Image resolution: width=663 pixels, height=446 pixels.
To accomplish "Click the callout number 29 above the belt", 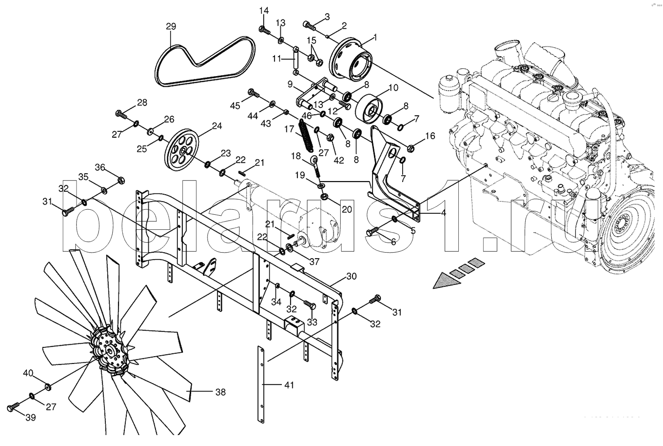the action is point(171,26).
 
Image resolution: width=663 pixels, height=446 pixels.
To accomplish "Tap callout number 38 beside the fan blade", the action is point(221,392).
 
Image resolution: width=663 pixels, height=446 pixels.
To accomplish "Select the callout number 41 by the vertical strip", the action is point(289,385).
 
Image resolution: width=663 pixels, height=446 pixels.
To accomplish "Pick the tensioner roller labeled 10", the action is point(370,109).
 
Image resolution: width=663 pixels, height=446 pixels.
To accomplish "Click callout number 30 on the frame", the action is point(351,276).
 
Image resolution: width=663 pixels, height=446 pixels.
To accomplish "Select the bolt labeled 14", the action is point(265,30).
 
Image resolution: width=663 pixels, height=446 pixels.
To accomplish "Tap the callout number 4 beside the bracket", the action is point(444,213).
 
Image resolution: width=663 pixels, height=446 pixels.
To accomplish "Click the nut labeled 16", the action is point(410,147).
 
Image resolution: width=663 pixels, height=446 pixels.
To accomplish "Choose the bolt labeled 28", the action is point(121,114).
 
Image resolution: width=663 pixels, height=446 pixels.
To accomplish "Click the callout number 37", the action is point(314,262).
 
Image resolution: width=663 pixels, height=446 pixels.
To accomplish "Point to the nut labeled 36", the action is point(121,180).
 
